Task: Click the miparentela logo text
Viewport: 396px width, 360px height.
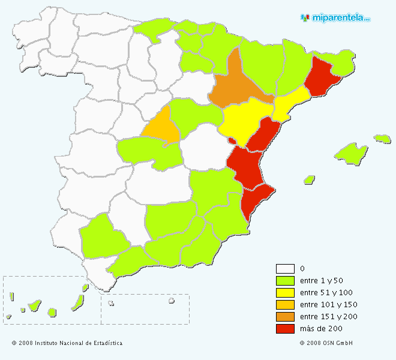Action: (x=340, y=18)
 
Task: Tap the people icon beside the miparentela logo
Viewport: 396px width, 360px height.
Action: (x=305, y=17)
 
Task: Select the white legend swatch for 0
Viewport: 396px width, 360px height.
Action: (x=285, y=269)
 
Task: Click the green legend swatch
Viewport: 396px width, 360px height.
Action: (x=285, y=281)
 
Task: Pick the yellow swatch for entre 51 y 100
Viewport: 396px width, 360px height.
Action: (x=285, y=293)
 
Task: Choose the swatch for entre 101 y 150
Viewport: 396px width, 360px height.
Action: (x=285, y=305)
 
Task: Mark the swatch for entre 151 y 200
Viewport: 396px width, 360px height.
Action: (x=285, y=317)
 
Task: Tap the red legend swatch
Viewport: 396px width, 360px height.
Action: (x=285, y=329)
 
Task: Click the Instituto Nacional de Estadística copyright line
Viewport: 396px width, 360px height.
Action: (x=67, y=343)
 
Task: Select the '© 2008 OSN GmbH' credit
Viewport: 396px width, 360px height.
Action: (x=326, y=343)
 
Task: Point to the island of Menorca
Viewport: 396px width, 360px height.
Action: (x=382, y=139)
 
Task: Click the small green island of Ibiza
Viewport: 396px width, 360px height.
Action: (x=309, y=179)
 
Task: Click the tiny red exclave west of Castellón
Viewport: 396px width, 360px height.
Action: (x=232, y=141)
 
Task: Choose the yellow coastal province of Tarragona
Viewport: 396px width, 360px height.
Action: (x=288, y=103)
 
